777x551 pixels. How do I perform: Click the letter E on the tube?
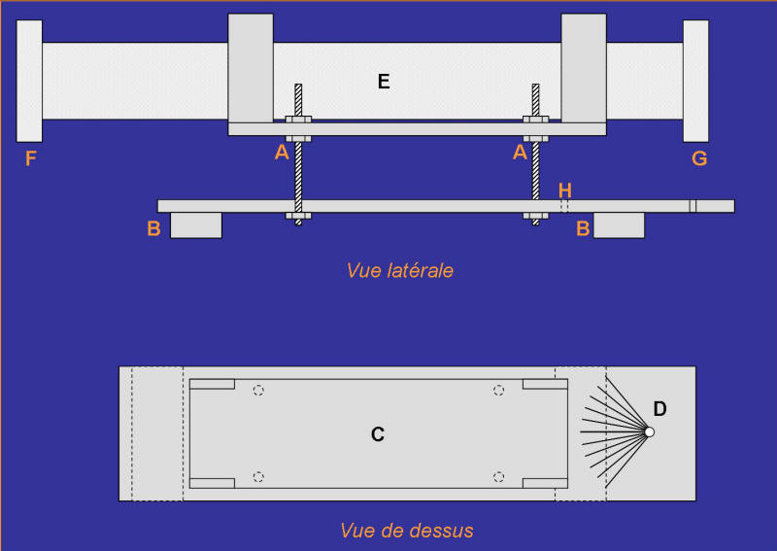[384, 82]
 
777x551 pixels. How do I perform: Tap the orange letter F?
[31, 158]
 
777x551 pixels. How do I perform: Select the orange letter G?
[699, 158]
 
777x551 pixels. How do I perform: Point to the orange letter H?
[565, 190]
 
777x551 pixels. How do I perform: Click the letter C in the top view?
[378, 434]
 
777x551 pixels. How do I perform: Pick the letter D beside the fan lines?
[659, 409]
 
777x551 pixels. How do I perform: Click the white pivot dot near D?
[649, 432]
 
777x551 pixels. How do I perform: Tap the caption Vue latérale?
[400, 271]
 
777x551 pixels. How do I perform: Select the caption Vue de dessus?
[407, 531]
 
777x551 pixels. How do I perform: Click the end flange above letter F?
[29, 81]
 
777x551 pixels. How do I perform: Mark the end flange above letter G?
[695, 81]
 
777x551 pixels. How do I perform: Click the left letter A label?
[282, 153]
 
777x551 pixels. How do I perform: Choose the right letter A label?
[520, 153]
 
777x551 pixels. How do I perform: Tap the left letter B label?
[153, 228]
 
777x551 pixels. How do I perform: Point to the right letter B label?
[583, 228]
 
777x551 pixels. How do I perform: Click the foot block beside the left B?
[196, 225]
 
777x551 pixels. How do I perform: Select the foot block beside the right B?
[619, 225]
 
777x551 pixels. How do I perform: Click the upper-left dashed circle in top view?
[258, 391]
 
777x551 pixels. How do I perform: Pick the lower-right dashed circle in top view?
[498, 477]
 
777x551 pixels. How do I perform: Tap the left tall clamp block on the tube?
[251, 68]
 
